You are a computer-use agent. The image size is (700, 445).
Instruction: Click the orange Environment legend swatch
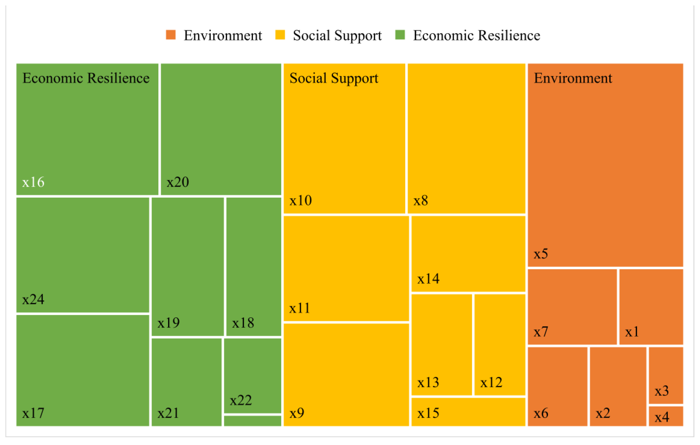coord(171,35)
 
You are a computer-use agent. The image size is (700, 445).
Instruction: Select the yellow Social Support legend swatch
coord(280,35)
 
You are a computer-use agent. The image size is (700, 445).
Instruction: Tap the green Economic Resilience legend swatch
coord(400,35)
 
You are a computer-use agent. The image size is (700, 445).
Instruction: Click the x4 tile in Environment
coord(666,416)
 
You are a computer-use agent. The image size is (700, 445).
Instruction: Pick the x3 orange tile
coord(666,375)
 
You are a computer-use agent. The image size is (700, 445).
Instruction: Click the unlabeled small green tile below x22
coord(252,421)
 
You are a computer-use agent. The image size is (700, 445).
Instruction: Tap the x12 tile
coord(499,345)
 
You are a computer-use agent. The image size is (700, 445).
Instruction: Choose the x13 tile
coord(441,345)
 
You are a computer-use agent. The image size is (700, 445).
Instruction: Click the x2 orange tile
coord(618,386)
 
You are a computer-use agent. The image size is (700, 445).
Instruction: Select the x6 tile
coord(557,386)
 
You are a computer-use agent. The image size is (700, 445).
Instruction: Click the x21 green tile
coord(186,382)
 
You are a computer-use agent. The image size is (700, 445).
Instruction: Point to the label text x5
coord(541,254)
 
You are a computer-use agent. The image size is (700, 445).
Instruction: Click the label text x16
coord(33,182)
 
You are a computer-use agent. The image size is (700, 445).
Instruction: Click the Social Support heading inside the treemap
coord(334,78)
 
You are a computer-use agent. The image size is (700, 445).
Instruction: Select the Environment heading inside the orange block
coord(573,78)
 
